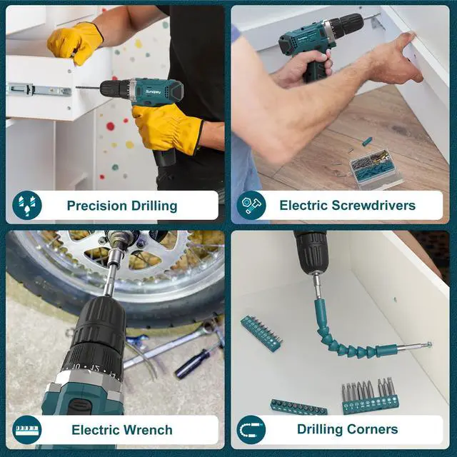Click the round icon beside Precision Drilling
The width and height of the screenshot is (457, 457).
point(27,205)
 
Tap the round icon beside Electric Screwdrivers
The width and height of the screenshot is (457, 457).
point(251,205)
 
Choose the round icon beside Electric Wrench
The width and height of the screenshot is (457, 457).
point(27,430)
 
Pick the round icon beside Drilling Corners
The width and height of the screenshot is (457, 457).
point(251,430)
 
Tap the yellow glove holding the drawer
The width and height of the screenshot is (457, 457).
point(75,42)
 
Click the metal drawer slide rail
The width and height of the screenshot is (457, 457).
point(39,89)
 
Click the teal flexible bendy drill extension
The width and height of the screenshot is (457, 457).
point(350,335)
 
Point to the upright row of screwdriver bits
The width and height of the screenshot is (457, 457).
point(371,396)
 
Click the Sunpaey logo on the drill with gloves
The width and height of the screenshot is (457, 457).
point(153,91)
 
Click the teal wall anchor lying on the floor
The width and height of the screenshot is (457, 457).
point(367,141)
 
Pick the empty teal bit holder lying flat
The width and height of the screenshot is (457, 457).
point(298,407)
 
